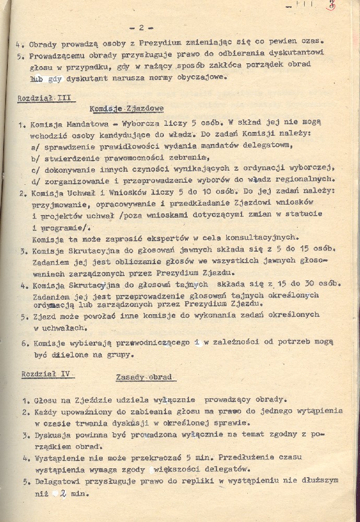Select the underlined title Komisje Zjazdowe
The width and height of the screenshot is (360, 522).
pos(127,109)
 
